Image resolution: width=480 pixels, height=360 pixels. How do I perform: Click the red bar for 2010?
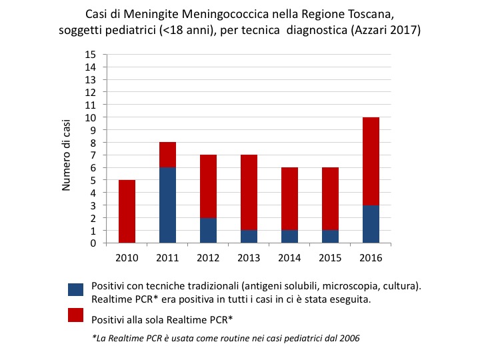tap(127, 211)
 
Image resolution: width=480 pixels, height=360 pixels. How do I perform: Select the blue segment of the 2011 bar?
tap(167, 205)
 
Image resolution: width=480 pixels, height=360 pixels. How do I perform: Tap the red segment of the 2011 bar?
tap(167, 155)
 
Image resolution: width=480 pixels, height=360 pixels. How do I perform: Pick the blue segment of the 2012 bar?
tap(208, 230)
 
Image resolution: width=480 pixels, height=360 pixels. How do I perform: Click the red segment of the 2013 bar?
tap(249, 192)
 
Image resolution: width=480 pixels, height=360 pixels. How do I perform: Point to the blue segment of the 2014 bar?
tap(289, 236)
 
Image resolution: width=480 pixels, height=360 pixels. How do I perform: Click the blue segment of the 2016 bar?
tap(371, 224)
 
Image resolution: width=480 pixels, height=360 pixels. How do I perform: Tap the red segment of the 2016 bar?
tap(371, 161)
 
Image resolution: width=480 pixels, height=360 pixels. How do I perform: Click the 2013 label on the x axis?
tap(249, 256)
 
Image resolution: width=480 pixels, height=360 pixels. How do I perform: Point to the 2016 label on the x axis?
tap(371, 256)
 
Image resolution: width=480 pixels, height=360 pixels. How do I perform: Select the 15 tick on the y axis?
tap(91, 55)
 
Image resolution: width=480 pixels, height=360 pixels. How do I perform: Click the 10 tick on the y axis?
tap(91, 117)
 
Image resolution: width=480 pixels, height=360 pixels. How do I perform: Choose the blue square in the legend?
tap(75, 289)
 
